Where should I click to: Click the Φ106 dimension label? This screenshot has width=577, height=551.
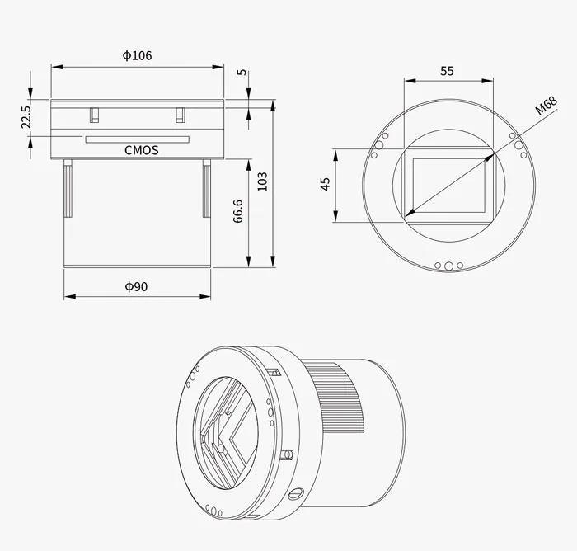(x=137, y=56)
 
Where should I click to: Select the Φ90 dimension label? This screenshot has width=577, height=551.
(x=136, y=286)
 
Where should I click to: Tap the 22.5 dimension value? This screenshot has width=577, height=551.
(x=26, y=116)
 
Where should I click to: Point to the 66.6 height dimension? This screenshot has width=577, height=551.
(x=238, y=212)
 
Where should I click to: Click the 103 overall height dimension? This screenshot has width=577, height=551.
(x=262, y=181)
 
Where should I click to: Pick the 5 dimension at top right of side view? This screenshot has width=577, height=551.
(x=241, y=73)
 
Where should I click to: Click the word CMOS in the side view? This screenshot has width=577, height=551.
(x=141, y=150)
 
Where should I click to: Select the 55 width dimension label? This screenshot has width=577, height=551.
(x=447, y=71)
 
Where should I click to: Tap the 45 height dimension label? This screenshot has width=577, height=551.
(x=325, y=184)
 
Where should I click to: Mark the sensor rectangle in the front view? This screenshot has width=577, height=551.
(x=449, y=184)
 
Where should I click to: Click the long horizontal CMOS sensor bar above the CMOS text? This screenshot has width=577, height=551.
(x=137, y=139)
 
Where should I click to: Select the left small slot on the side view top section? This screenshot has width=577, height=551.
(x=95, y=113)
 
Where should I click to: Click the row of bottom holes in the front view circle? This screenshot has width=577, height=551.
(x=448, y=266)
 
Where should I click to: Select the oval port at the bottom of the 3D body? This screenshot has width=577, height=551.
(x=296, y=493)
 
